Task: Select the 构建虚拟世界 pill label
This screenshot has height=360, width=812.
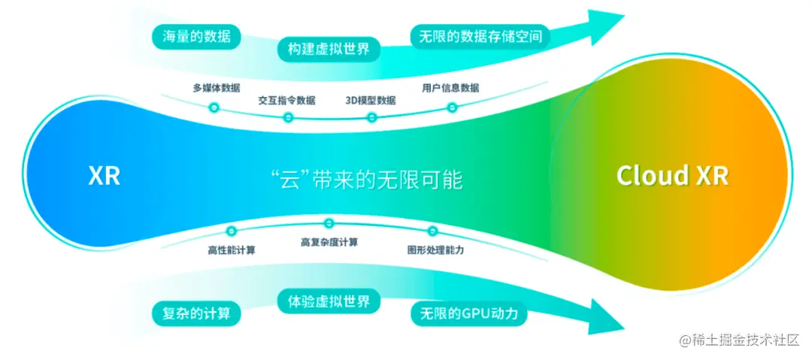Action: click(329, 50)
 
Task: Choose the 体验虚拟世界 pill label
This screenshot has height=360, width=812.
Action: click(329, 302)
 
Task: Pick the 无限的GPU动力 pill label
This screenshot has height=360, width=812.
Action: click(469, 313)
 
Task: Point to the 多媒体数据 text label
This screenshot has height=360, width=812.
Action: click(216, 87)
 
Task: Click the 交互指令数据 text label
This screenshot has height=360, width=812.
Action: click(286, 100)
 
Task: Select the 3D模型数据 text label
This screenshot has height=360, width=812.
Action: click(370, 100)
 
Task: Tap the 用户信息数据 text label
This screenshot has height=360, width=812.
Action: click(450, 87)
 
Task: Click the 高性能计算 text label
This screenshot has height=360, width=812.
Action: click(231, 250)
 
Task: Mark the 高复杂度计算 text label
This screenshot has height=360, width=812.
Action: click(329, 242)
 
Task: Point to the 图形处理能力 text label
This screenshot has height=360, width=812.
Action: click(430, 250)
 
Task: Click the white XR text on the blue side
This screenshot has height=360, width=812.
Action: click(104, 176)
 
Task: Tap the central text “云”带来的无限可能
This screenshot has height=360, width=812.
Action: click(365, 180)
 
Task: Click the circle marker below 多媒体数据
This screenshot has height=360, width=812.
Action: click(214, 107)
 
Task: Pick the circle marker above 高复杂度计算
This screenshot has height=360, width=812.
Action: click(329, 223)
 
